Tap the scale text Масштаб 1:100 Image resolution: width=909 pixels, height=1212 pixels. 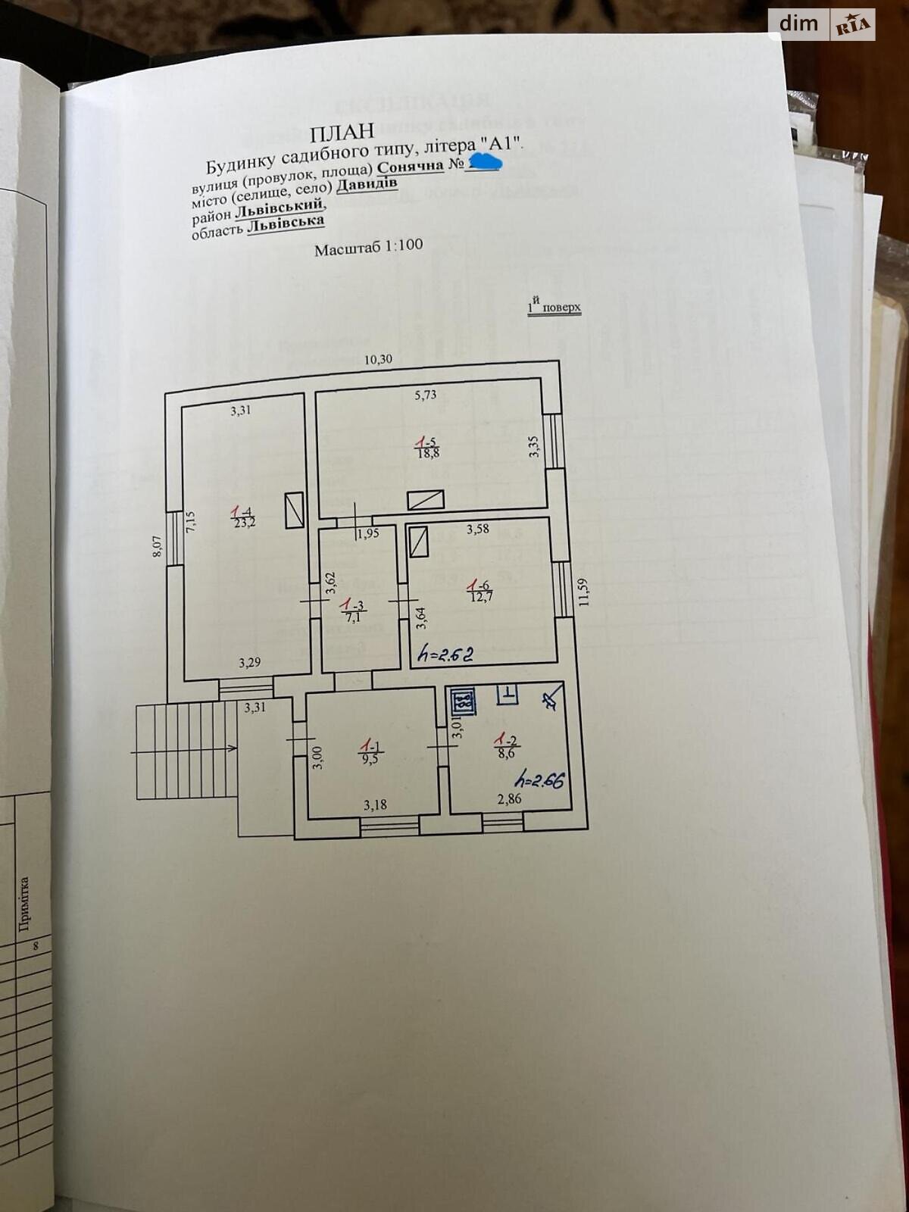368,248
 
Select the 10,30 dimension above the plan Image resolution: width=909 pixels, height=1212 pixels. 378,360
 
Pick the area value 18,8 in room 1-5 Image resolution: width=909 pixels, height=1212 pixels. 428,453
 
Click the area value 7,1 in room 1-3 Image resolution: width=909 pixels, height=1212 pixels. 352,616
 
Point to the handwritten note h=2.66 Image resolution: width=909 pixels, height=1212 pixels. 539,779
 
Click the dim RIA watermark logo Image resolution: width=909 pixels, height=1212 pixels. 822,25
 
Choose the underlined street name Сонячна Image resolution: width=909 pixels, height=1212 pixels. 410,166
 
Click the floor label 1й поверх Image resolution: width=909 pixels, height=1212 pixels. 554,307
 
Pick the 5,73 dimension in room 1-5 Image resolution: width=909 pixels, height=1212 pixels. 425,395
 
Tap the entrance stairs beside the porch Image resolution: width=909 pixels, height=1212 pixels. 186,750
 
